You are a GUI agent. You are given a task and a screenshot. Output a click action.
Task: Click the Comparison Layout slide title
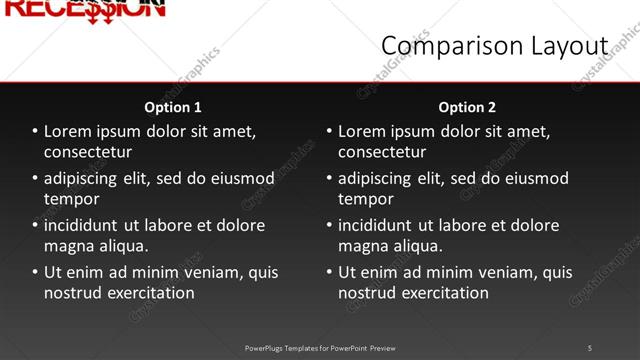point(494,46)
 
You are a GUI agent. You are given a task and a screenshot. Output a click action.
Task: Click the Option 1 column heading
point(173,107)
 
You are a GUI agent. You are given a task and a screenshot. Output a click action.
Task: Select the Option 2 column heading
point(467,107)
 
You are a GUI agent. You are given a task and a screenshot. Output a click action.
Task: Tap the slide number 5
point(590,347)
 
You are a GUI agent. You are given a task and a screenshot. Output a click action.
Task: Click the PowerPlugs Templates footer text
point(320,348)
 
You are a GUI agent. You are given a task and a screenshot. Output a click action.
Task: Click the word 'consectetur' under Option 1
point(88,152)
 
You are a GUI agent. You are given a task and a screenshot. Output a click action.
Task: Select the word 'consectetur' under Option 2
point(382,152)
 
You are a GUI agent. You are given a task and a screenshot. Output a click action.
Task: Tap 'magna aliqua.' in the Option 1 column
point(96,246)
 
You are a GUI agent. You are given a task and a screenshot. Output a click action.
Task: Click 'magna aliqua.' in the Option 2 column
point(390,246)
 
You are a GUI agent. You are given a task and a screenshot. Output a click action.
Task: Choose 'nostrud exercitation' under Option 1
point(119,293)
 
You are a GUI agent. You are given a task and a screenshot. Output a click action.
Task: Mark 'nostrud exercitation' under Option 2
point(413,293)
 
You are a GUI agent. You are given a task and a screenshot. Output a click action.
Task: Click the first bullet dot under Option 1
point(35,131)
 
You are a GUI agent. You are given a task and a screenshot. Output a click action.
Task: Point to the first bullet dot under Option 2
point(329,131)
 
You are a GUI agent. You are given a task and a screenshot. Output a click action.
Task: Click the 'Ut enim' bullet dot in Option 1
point(35,272)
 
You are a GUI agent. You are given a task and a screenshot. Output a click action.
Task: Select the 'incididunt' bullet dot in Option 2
point(329,225)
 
